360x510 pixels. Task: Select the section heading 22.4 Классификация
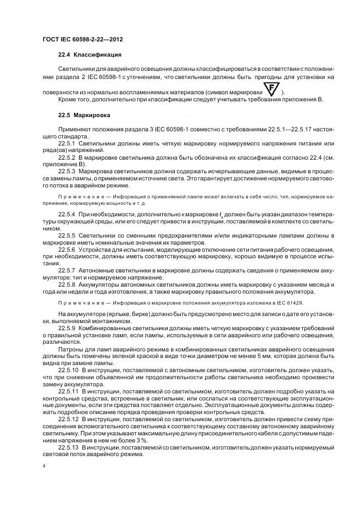[90, 56]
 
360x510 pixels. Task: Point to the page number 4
[43, 466]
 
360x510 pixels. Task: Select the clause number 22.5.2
[68, 156]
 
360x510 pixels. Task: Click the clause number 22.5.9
[68, 329]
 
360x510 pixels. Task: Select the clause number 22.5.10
[70, 369]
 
